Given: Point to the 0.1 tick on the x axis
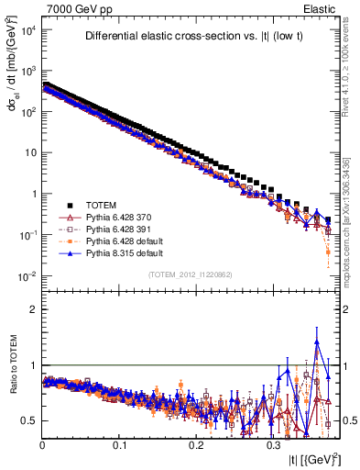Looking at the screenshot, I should (120, 443).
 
